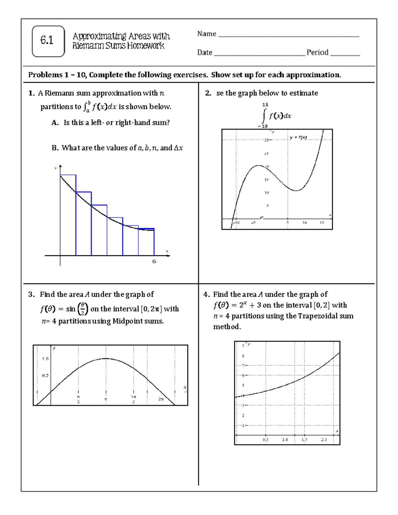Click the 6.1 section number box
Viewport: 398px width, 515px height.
pyautogui.click(x=48, y=41)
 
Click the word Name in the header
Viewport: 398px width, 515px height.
pyautogui.click(x=207, y=34)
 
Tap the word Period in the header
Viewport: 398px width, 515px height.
pyautogui.click(x=317, y=52)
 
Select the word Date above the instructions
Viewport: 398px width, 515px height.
pyautogui.click(x=205, y=52)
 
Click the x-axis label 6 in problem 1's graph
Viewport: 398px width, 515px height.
pyautogui.click(x=154, y=261)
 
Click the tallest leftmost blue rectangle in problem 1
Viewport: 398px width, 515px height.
pyautogui.click(x=68, y=215)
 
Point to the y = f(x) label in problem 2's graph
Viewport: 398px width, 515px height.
pyautogui.click(x=298, y=137)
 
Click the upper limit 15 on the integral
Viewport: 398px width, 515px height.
pyautogui.click(x=265, y=105)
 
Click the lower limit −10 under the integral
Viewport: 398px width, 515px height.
pyautogui.click(x=262, y=126)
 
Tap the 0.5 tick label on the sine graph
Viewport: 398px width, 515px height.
pyautogui.click(x=45, y=375)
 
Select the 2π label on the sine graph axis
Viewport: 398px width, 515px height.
pyautogui.click(x=161, y=399)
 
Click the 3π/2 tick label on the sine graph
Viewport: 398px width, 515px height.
pyautogui.click(x=133, y=399)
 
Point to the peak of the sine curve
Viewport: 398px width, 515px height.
pyautogui.click(x=105, y=358)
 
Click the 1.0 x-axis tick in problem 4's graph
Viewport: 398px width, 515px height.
pyautogui.click(x=285, y=439)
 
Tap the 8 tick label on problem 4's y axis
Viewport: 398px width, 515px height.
pyautogui.click(x=243, y=356)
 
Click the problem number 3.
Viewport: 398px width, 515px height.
pyautogui.click(x=31, y=294)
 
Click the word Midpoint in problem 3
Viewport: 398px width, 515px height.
pyautogui.click(x=127, y=321)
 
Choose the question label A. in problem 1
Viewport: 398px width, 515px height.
pyautogui.click(x=55, y=123)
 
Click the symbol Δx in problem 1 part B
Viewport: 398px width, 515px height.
pyautogui.click(x=178, y=148)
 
